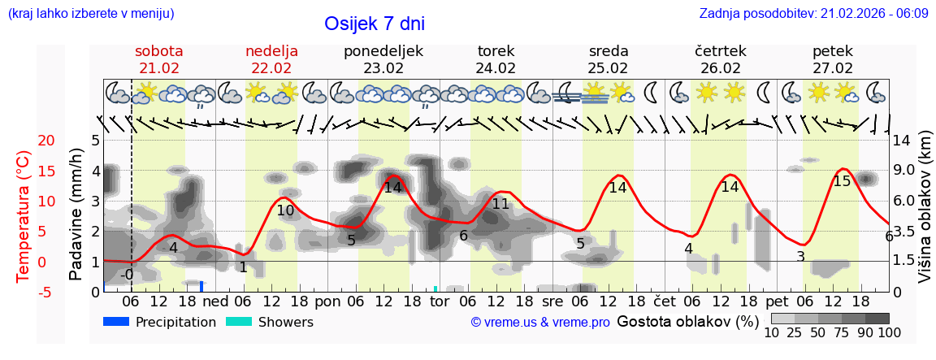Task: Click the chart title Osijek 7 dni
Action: coord(374,24)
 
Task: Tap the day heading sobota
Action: coord(158,51)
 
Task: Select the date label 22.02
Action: coord(271,68)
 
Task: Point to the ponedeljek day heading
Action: coord(383,51)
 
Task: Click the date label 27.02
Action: coord(833,68)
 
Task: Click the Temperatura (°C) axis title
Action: coord(24,216)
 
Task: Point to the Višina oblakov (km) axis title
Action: coord(925,215)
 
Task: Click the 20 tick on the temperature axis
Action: coord(24,141)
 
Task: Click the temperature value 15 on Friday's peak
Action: coord(842,181)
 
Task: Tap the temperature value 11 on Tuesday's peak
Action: coord(500,204)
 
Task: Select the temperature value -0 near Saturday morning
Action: coord(126,275)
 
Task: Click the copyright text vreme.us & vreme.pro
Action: coord(540,322)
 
